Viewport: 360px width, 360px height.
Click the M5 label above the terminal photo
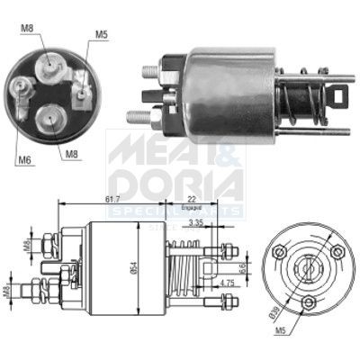[102, 35]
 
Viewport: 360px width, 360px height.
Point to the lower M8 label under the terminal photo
[70, 154]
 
